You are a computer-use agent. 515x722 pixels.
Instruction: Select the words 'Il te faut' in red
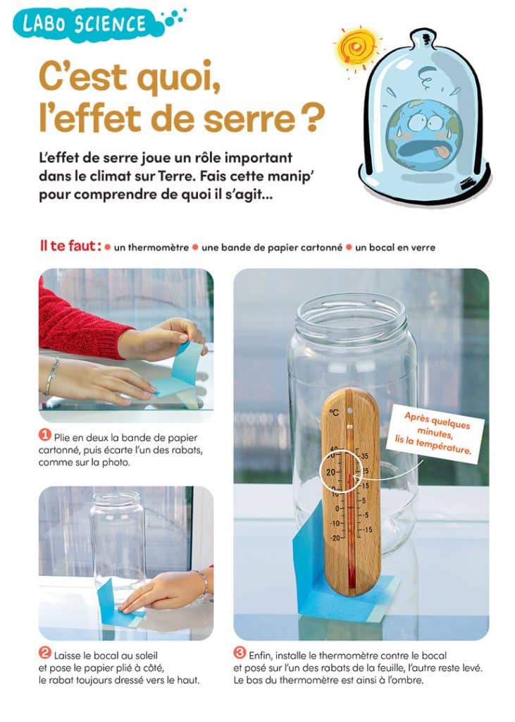(x=70, y=247)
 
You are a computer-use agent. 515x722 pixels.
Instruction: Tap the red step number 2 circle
(x=45, y=652)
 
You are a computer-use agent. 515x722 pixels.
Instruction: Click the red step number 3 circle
(x=240, y=652)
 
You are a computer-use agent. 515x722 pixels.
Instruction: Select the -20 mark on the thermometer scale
(x=333, y=538)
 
